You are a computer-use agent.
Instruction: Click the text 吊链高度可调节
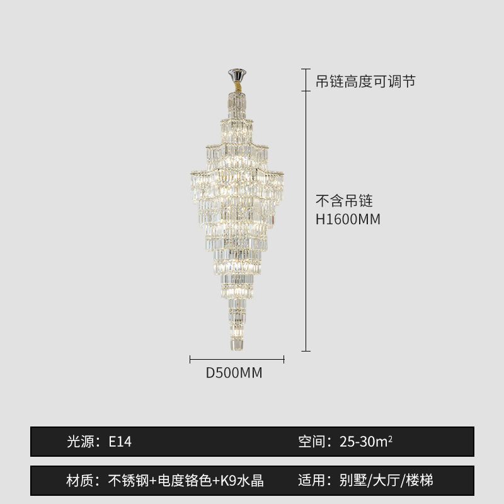[365, 81]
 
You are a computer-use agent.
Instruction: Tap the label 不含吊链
[344, 201]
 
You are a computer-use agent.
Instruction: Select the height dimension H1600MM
[348, 219]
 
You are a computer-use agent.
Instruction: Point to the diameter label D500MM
[234, 373]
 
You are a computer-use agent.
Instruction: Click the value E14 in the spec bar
[120, 442]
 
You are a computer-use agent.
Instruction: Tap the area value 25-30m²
[366, 442]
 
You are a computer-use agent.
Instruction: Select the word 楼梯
[420, 481]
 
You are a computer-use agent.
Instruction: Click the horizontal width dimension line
[237, 359]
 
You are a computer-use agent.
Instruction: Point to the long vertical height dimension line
[306, 220]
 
